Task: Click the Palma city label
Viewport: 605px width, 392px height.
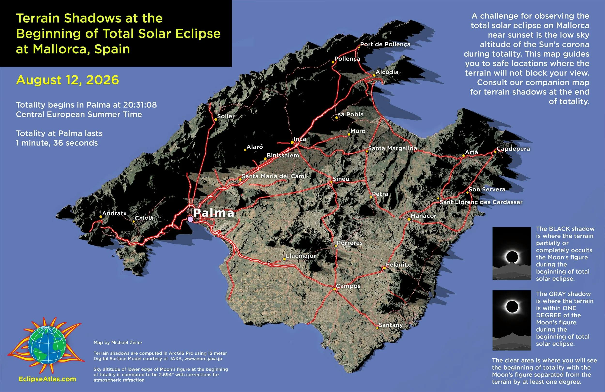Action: click(x=213, y=213)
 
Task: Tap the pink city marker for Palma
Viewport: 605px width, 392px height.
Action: click(x=190, y=219)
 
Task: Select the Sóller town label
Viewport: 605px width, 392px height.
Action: click(x=226, y=116)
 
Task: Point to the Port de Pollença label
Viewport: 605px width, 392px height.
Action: click(x=385, y=44)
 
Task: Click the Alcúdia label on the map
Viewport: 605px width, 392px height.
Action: click(x=387, y=72)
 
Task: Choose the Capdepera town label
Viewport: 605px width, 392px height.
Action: click(x=513, y=149)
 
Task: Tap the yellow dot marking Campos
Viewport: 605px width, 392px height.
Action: click(x=334, y=289)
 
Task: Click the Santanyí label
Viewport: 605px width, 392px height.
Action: click(x=392, y=325)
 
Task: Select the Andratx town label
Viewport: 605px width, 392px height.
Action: click(x=114, y=213)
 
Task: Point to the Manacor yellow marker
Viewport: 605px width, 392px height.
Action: click(x=409, y=219)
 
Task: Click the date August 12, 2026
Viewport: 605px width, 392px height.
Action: click(x=67, y=80)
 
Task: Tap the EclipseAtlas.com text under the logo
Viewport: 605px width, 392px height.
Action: click(x=47, y=379)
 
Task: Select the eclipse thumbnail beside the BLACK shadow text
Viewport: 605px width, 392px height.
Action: click(x=511, y=253)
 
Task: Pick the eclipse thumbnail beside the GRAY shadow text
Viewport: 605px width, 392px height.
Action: click(x=511, y=320)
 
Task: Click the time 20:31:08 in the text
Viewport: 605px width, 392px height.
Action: click(x=140, y=105)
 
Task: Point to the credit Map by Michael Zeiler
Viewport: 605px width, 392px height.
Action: click(x=118, y=343)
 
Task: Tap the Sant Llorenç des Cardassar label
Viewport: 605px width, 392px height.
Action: click(x=481, y=202)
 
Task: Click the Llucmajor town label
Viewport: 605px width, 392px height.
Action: click(x=301, y=256)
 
